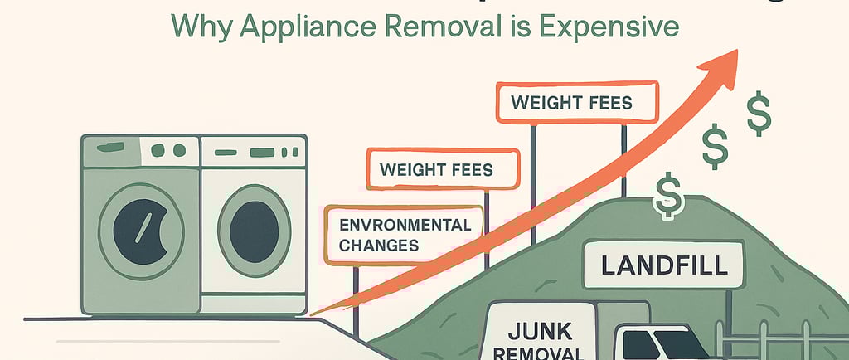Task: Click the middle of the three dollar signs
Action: pos(716,147)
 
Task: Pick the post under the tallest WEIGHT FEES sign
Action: pos(534,199)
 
